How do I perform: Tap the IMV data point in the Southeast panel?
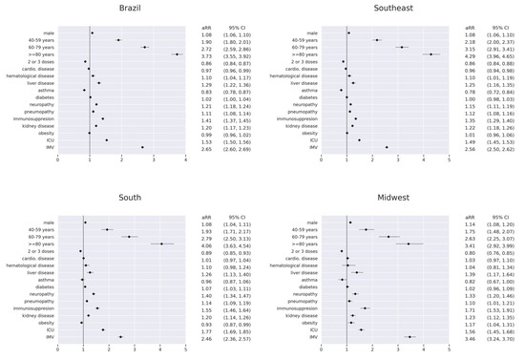[x=387, y=147]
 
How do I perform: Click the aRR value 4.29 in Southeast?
[x=468, y=54]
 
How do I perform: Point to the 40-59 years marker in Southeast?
[x=377, y=40]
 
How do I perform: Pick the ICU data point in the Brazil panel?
[x=107, y=139]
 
